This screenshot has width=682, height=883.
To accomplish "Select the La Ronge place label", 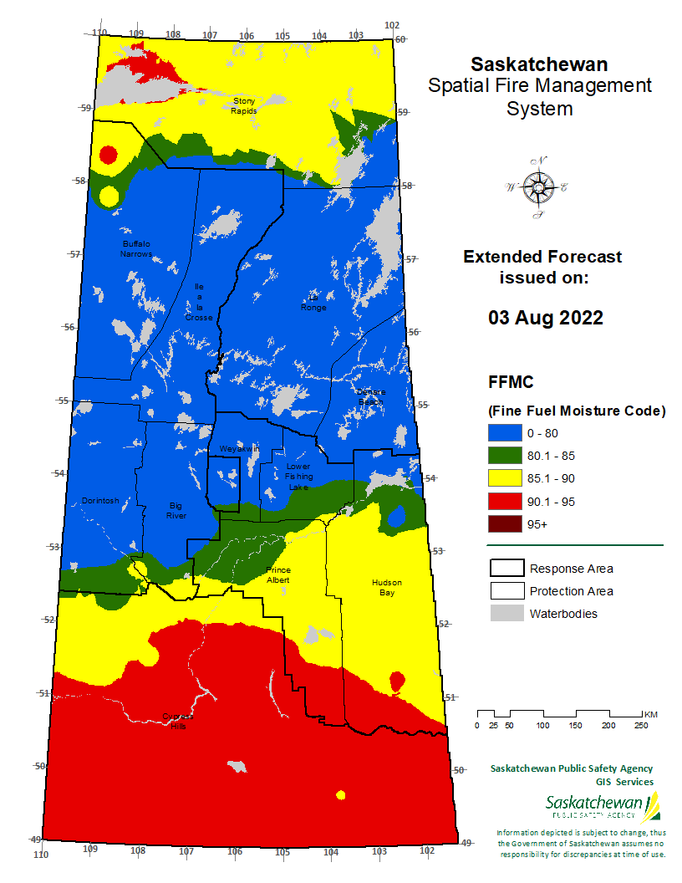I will pos(313,303).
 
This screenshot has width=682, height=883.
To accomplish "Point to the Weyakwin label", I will pos(240,449).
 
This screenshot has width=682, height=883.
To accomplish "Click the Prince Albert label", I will pos(278,574).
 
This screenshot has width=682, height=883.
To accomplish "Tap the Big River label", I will pos(176,510).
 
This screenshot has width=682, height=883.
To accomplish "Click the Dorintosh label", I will pos(100,501).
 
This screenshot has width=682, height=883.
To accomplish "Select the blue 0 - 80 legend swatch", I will pos(503,433).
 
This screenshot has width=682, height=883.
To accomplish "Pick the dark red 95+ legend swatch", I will pos(503,524).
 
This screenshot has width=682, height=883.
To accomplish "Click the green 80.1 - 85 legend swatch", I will pos(503,456).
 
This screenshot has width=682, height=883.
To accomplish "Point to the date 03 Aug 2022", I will pos(545,319).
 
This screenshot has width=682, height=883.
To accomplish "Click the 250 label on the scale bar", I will pos(642,725).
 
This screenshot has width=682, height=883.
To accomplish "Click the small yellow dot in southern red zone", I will pos(340,794).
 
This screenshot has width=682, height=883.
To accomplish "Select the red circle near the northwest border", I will pos(107,155).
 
